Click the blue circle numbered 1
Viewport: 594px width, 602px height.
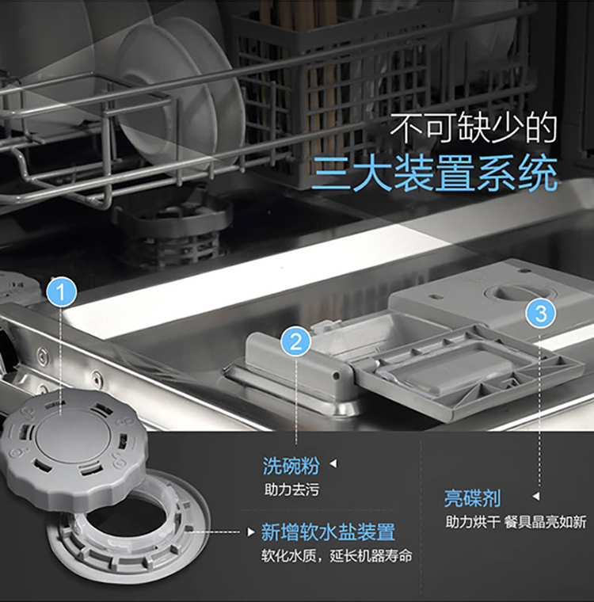coord(62,293)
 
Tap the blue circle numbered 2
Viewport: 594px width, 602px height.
coord(295,341)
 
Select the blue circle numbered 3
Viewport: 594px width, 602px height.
coord(541,314)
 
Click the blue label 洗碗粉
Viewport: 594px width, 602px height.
coord(291,465)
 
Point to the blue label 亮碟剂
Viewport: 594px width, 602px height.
coord(473,498)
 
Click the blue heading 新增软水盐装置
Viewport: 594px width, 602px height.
coord(328,532)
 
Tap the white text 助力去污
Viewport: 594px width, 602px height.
coord(291,490)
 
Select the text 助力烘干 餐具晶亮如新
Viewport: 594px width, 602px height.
coord(516,522)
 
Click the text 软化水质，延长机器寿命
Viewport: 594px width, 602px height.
coord(337,555)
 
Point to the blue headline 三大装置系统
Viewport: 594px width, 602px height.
coord(435,174)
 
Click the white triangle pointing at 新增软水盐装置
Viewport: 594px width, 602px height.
coord(251,532)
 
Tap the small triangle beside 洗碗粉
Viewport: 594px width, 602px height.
coord(333,464)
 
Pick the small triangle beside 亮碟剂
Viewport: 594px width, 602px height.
coord(536,497)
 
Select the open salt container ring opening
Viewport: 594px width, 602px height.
coord(128,527)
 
